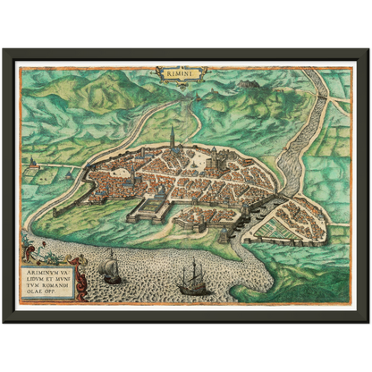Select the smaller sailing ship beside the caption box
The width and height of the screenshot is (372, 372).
(x=112, y=266)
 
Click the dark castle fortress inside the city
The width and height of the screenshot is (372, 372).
(x=220, y=164)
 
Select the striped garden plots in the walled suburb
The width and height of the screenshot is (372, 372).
(x=284, y=224)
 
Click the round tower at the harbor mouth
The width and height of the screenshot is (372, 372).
(x=240, y=234)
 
